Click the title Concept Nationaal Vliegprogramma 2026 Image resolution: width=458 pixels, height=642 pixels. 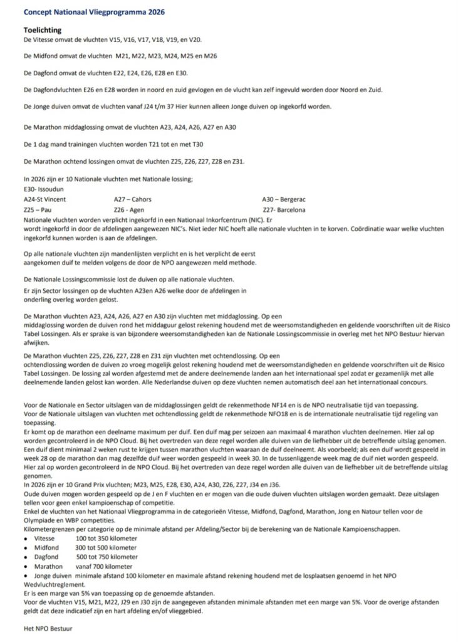tap(95, 12)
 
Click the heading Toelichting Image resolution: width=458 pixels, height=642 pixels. tap(41, 29)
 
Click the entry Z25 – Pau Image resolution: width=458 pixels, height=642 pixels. tap(38, 209)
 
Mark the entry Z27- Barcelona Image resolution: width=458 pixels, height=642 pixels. tap(284, 209)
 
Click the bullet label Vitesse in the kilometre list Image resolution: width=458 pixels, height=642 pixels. tap(46, 539)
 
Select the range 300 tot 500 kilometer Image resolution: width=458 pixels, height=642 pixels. tap(106, 547)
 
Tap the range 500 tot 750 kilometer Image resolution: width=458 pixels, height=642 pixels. tap(107, 557)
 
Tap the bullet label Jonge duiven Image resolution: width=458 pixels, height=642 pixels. tap(54, 575)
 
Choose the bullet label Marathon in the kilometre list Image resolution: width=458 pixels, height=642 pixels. tap(49, 566)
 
